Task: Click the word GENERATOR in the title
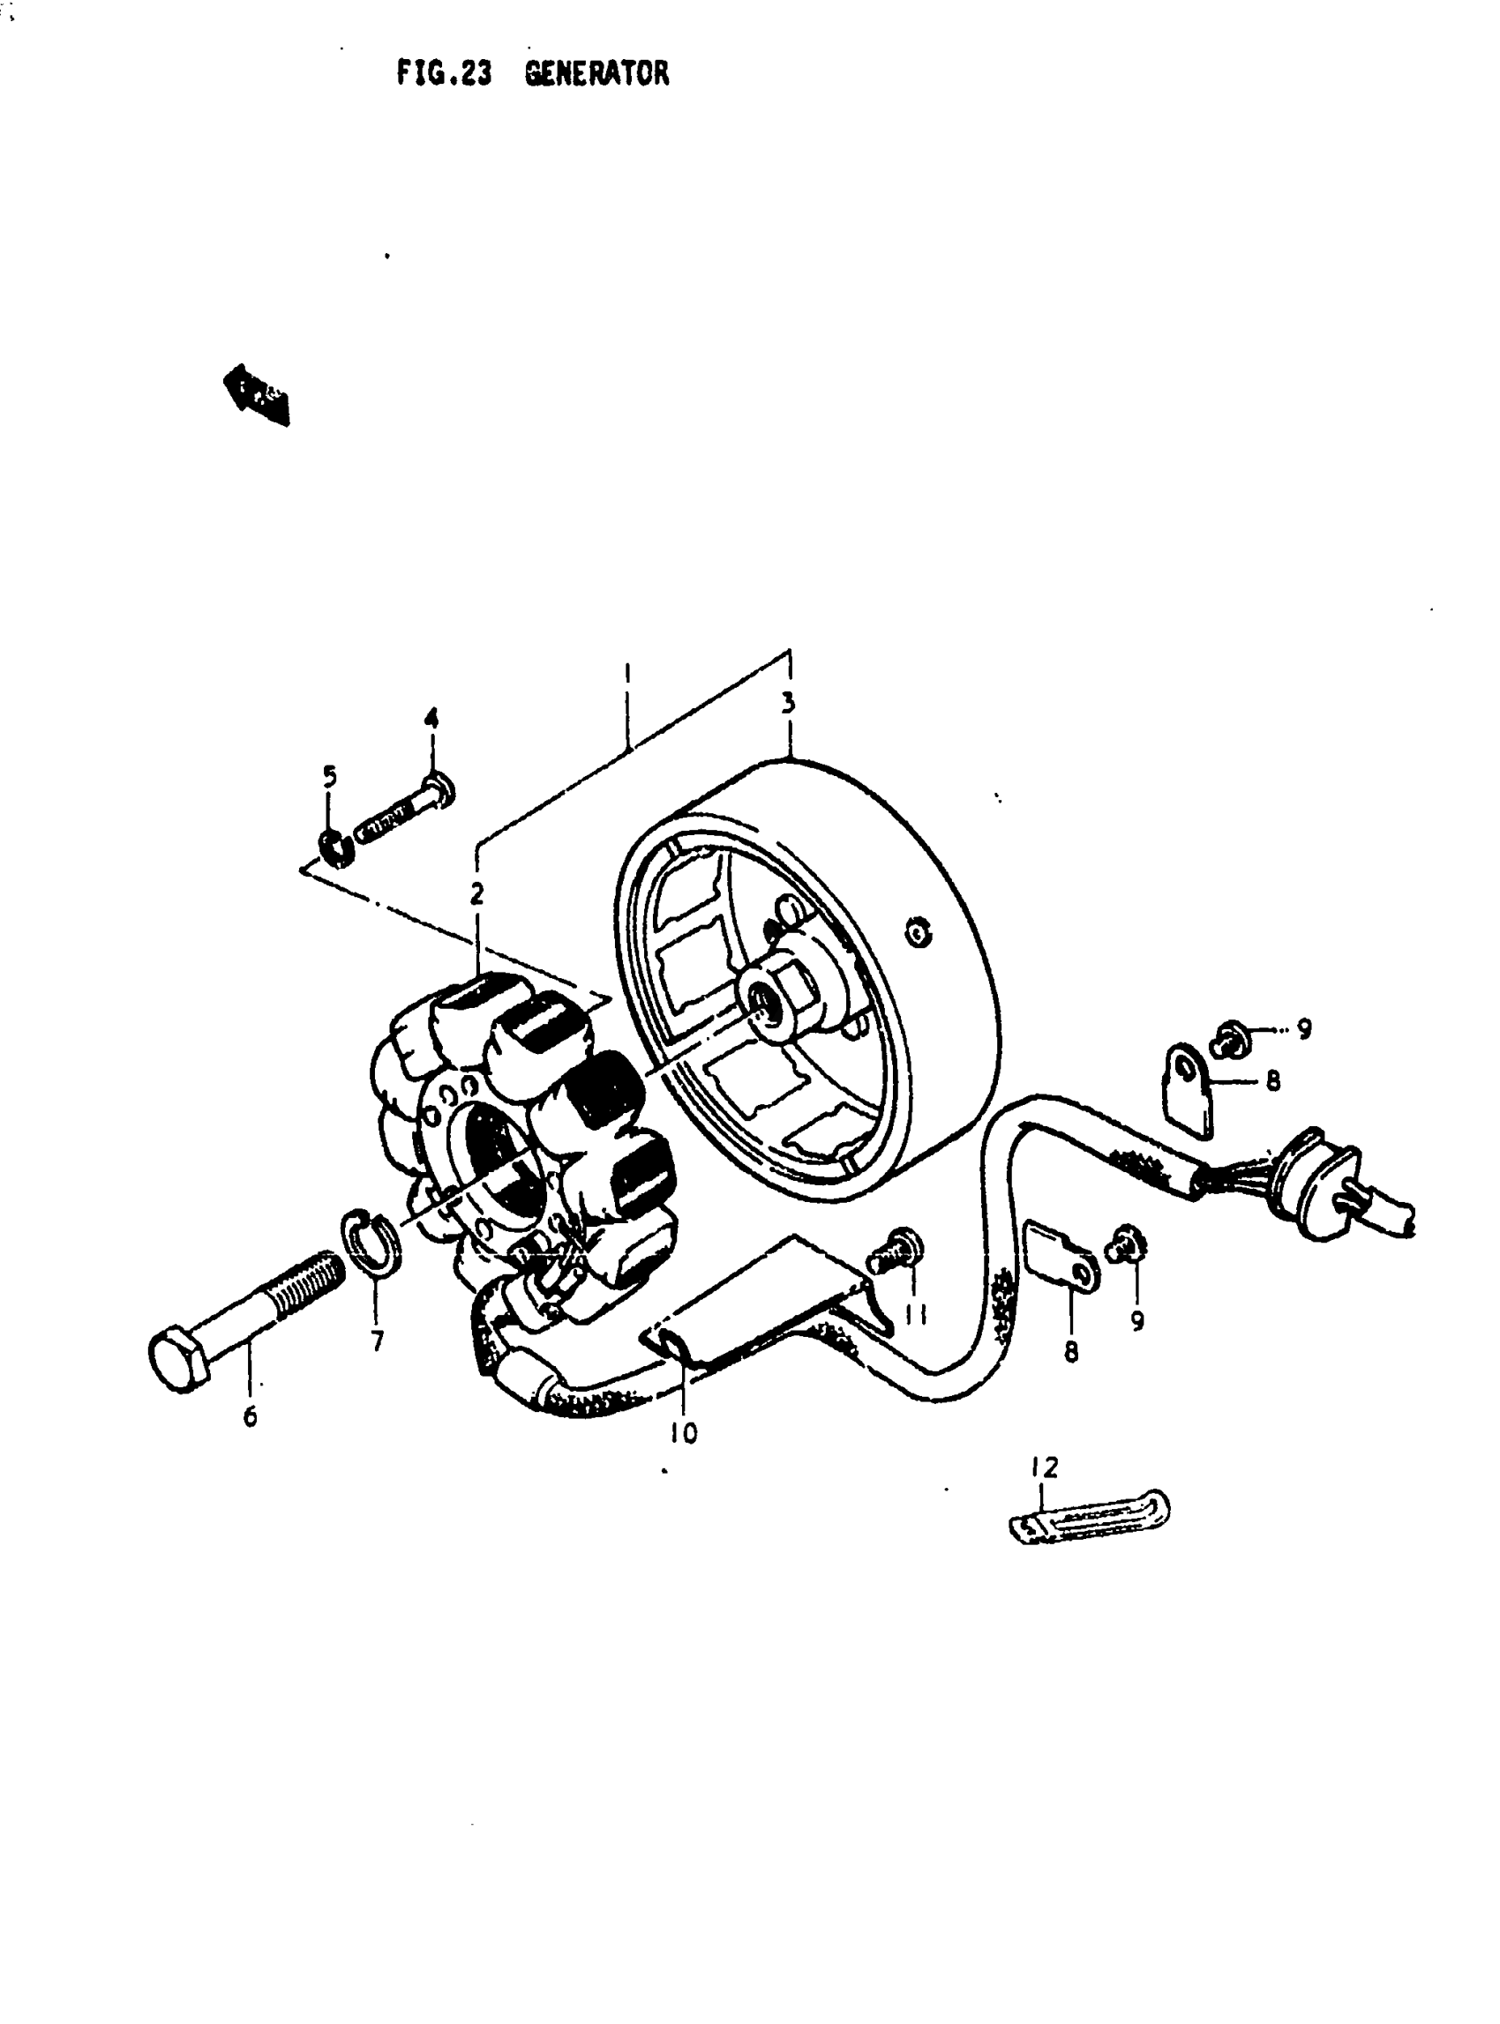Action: (x=596, y=72)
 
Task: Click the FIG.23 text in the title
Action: (x=443, y=72)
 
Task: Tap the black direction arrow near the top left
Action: (x=257, y=395)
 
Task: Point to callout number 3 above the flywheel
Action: (x=788, y=703)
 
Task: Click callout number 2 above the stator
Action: (x=476, y=893)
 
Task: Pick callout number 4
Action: (x=431, y=719)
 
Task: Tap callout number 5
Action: (x=330, y=775)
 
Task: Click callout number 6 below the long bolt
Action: (x=250, y=1415)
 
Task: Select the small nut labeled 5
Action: (x=334, y=845)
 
